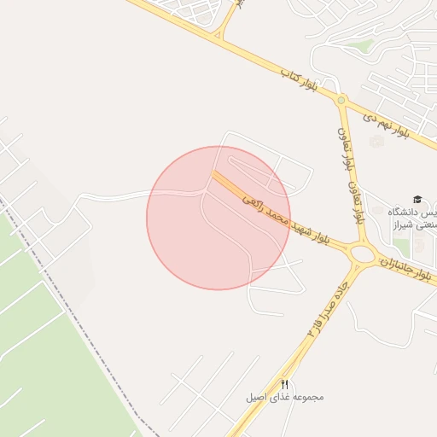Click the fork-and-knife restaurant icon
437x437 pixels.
tap(285, 385)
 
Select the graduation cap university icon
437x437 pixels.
tap(417, 199)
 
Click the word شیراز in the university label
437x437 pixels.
tap(403, 226)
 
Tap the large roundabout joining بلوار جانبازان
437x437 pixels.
tap(362, 253)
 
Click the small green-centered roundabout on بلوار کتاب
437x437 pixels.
tap(341, 101)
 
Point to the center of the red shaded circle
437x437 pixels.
tap(218, 218)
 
